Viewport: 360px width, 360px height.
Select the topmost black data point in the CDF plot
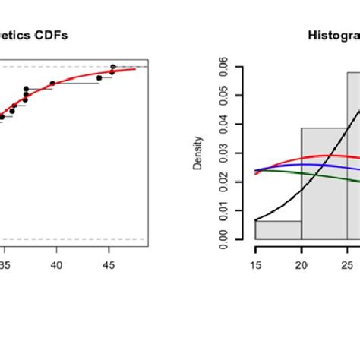coord(112,67)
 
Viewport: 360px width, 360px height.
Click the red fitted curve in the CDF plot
coord(76,78)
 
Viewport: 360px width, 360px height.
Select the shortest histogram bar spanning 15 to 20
coord(278,231)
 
